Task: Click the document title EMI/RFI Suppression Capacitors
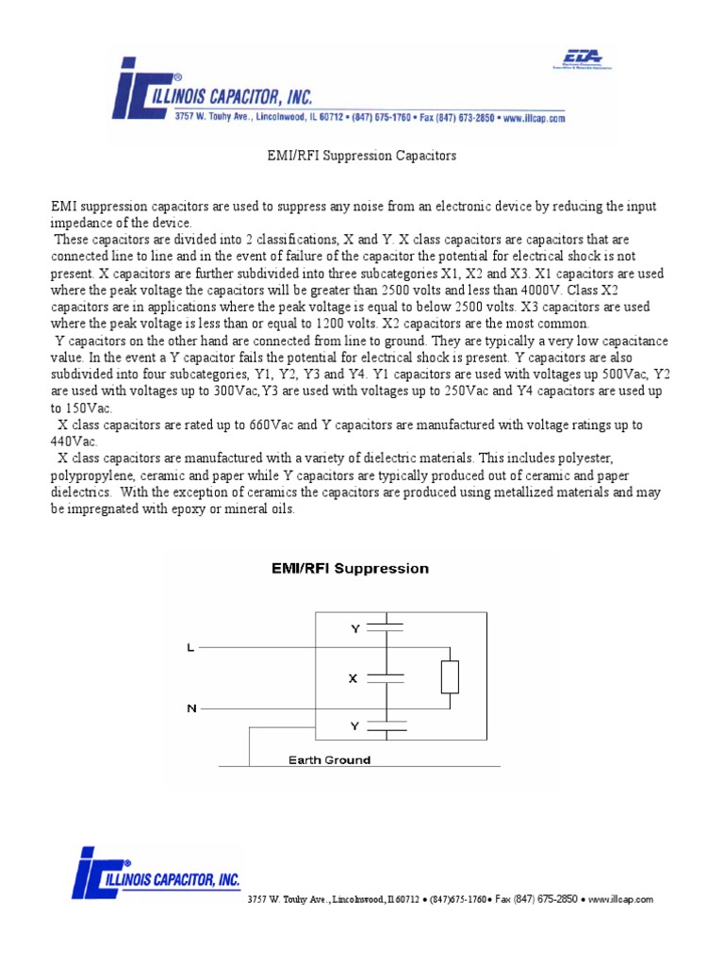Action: [x=362, y=156]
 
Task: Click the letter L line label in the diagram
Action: [x=192, y=647]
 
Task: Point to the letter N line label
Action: [x=192, y=708]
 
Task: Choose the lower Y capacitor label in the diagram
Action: [x=355, y=726]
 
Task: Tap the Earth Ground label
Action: [x=329, y=759]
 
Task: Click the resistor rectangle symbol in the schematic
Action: [x=451, y=677]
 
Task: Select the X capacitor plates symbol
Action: [x=387, y=677]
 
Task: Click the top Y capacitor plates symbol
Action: [x=387, y=626]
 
